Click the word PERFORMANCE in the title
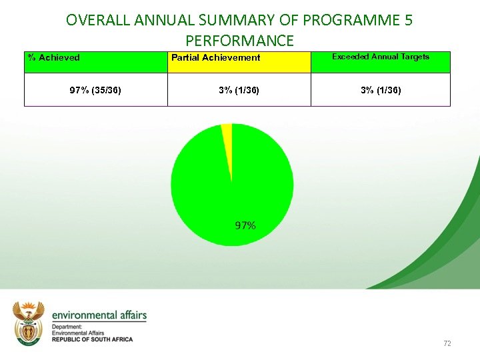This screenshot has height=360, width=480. [x=239, y=41]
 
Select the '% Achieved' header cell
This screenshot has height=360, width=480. [x=53, y=57]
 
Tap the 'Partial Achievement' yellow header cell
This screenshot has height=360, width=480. [x=216, y=57]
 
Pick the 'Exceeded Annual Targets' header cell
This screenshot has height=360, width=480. [x=381, y=57]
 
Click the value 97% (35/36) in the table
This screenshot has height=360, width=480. [x=95, y=90]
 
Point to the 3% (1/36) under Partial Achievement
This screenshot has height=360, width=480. [x=239, y=90]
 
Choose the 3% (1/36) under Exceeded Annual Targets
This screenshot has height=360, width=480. [x=381, y=90]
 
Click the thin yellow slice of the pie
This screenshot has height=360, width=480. [x=227, y=140]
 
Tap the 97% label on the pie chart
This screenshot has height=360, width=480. [x=245, y=226]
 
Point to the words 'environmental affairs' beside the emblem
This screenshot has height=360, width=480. [x=99, y=315]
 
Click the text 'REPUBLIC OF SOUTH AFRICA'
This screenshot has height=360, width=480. [x=92, y=339]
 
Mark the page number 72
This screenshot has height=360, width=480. [x=447, y=343]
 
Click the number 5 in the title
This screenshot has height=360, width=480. [x=408, y=21]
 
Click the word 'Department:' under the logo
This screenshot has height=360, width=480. [x=67, y=327]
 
